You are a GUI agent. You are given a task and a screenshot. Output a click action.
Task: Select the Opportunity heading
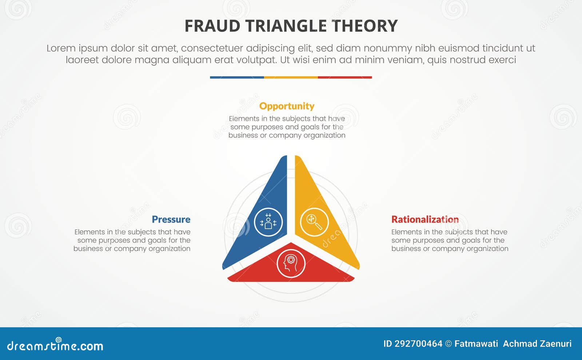[287, 106]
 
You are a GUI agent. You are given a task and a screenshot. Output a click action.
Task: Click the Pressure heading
[171, 220]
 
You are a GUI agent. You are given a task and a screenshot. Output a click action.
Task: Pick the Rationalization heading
[425, 220]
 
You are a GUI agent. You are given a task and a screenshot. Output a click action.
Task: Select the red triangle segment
[320, 271]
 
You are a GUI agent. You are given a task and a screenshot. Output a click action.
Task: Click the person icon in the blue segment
[268, 222]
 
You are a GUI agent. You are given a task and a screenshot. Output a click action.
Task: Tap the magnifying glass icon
[314, 222]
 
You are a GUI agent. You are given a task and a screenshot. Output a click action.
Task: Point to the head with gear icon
[291, 263]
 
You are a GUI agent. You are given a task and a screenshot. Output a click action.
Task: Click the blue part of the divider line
[237, 77]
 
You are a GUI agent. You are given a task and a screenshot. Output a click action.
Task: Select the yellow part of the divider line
[291, 77]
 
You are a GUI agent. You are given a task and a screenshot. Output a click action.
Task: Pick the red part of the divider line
[345, 77]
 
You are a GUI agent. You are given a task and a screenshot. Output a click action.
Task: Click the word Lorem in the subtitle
[61, 48]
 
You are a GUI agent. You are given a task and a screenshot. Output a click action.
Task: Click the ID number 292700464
[418, 344]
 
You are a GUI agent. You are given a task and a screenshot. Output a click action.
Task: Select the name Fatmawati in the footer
[476, 344]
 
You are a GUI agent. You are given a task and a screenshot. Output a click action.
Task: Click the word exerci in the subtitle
[502, 60]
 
